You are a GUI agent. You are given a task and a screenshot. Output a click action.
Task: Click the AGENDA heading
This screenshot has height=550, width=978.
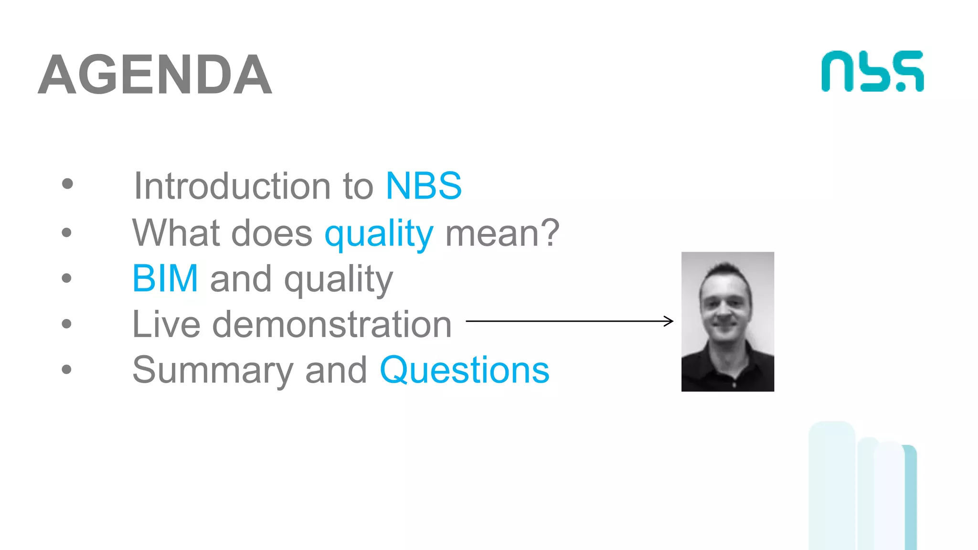pyautogui.click(x=155, y=74)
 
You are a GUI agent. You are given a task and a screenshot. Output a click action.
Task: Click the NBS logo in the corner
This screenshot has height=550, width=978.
pyautogui.click(x=872, y=72)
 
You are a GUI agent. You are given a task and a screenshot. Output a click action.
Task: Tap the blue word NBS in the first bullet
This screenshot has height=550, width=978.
pyautogui.click(x=423, y=186)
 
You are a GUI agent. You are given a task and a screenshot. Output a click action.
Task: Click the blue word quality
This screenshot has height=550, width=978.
pyautogui.click(x=379, y=233)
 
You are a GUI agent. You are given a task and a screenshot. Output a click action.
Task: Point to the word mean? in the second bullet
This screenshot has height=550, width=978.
pyautogui.click(x=502, y=233)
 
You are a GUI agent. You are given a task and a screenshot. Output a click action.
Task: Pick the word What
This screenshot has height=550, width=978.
pyautogui.click(x=175, y=233)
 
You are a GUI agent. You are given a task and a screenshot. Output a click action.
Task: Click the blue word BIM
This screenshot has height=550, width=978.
pyautogui.click(x=165, y=278)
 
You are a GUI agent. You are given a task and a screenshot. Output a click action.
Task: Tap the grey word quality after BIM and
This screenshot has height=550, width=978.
pyautogui.click(x=338, y=279)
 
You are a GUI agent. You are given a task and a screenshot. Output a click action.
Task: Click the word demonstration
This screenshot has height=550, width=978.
pyautogui.click(x=331, y=324)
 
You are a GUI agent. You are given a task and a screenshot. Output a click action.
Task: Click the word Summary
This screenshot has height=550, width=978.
pyautogui.click(x=212, y=370)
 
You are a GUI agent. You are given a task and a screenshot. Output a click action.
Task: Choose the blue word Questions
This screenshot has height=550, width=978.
pyautogui.click(x=464, y=370)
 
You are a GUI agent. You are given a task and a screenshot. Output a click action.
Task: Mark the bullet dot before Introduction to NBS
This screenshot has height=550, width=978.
pyautogui.click(x=67, y=184)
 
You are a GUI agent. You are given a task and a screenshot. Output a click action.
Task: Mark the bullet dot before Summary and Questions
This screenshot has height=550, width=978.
pyautogui.click(x=66, y=369)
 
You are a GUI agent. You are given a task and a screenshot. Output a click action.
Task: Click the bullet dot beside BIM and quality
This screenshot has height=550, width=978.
pyautogui.click(x=66, y=278)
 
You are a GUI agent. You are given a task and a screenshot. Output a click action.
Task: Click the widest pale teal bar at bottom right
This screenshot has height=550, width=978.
pyautogui.click(x=832, y=487)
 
